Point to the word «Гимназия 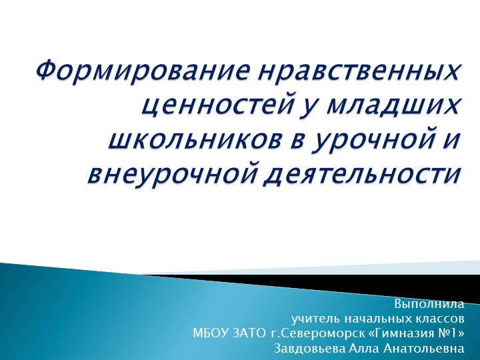[397, 333]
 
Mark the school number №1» [449, 333]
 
